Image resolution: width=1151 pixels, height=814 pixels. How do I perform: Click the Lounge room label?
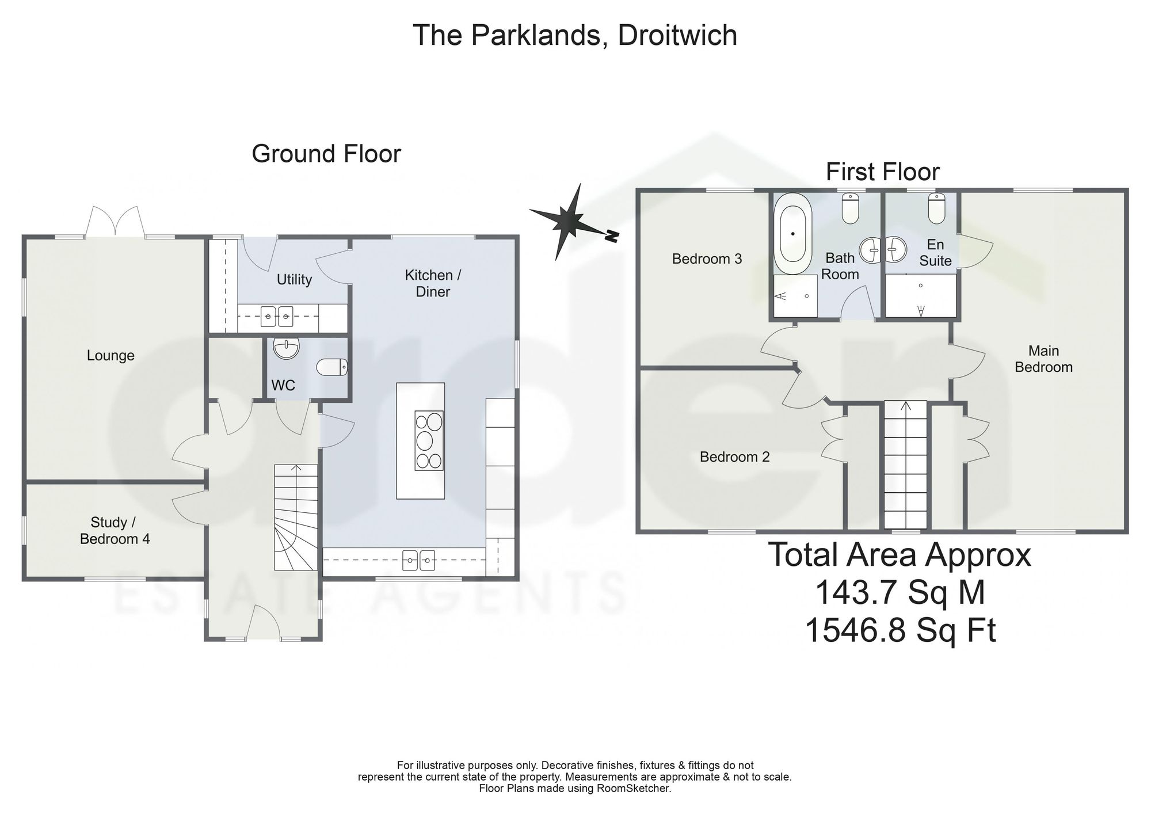click(110, 356)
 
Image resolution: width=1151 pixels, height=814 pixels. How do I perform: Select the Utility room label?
click(294, 280)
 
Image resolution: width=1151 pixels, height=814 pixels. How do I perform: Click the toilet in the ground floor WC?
click(332, 367)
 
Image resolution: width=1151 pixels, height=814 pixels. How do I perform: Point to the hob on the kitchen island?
click(429, 440)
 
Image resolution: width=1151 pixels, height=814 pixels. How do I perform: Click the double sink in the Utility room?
click(277, 315)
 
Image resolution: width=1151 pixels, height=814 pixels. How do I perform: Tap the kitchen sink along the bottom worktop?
click(419, 558)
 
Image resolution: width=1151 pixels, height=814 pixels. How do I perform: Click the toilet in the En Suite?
click(937, 208)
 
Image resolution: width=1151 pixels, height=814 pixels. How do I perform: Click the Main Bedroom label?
click(1043, 359)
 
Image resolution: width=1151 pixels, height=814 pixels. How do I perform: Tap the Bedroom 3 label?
click(707, 259)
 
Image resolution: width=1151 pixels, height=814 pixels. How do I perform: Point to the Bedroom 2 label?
click(734, 457)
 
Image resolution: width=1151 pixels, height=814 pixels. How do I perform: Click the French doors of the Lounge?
click(115, 222)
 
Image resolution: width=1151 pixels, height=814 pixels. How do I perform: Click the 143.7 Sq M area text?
click(900, 592)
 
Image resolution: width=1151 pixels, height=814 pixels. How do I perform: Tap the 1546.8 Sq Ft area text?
click(900, 630)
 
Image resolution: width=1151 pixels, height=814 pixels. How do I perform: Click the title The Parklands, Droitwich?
click(575, 35)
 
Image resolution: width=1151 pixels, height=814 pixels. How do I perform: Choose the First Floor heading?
click(883, 172)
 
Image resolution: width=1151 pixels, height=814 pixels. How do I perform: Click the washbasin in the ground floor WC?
click(287, 349)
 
